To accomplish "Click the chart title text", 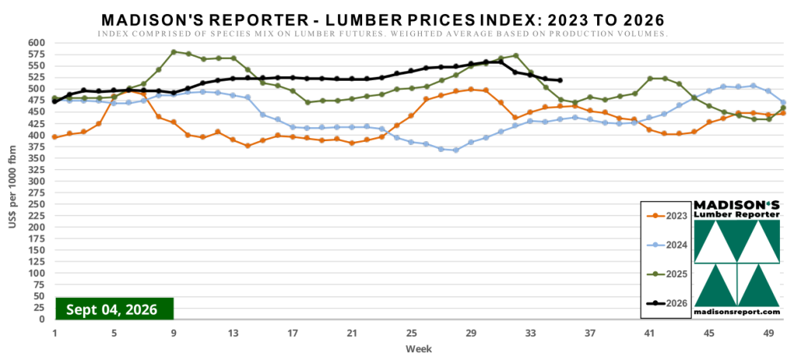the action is click(383, 19).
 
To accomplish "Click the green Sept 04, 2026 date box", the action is click(115, 309).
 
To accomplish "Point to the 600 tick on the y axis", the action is click(37, 43).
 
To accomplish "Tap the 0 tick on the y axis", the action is click(43, 320).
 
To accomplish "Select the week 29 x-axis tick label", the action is click(471, 333).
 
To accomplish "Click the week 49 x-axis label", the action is click(768, 333).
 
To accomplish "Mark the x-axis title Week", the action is click(418, 349).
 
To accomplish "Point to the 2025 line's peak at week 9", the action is click(174, 52).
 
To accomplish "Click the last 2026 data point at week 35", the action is click(560, 80).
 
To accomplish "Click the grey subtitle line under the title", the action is click(382, 34).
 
